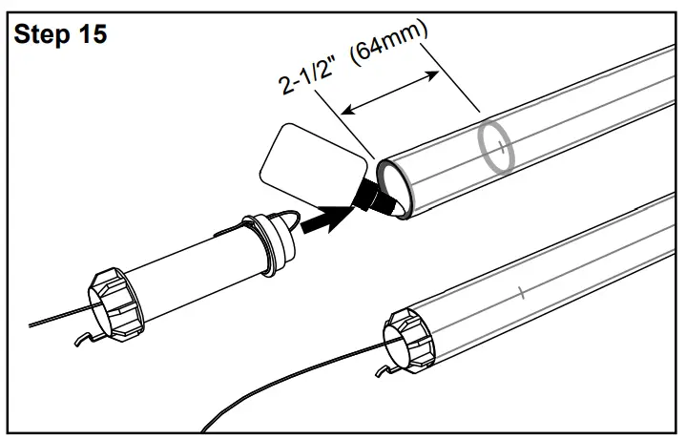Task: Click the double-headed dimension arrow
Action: tap(391, 92)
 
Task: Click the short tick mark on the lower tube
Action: tap(521, 292)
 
